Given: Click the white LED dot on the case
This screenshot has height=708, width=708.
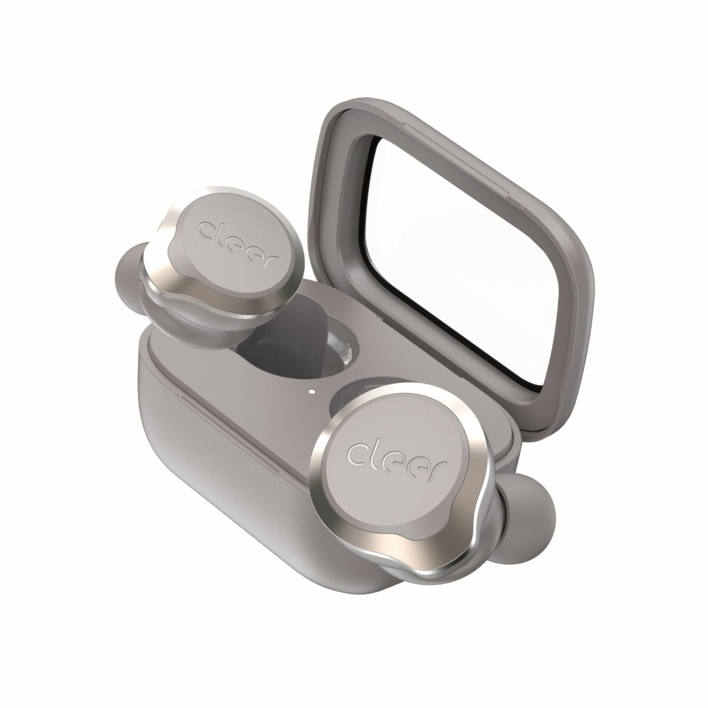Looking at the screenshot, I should pyautogui.click(x=312, y=391).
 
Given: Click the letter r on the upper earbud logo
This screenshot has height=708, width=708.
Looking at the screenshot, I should pyautogui.click(x=270, y=260).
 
